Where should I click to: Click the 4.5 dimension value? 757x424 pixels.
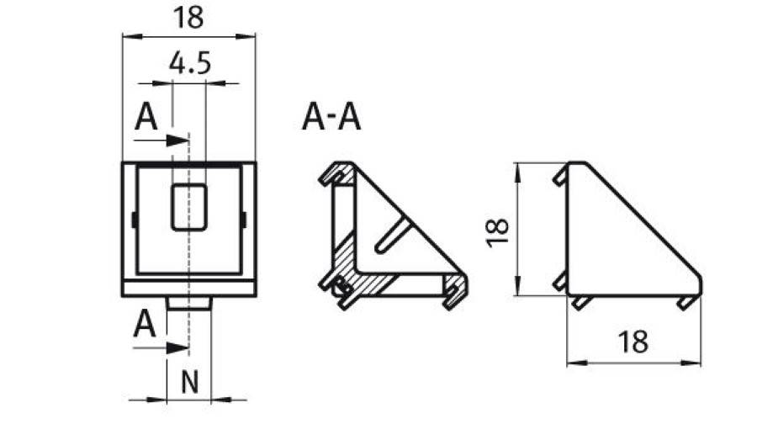[189, 65]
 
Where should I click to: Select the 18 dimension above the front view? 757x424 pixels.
[189, 19]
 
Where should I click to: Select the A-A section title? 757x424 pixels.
[331, 119]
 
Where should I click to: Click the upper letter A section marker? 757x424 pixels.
[147, 119]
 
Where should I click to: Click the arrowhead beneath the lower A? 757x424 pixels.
[177, 347]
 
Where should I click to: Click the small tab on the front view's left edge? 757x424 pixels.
[135, 220]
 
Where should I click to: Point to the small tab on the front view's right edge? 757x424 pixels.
[244, 220]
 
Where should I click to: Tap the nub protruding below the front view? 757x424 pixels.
[189, 301]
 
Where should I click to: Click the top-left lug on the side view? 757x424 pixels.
[559, 178]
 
